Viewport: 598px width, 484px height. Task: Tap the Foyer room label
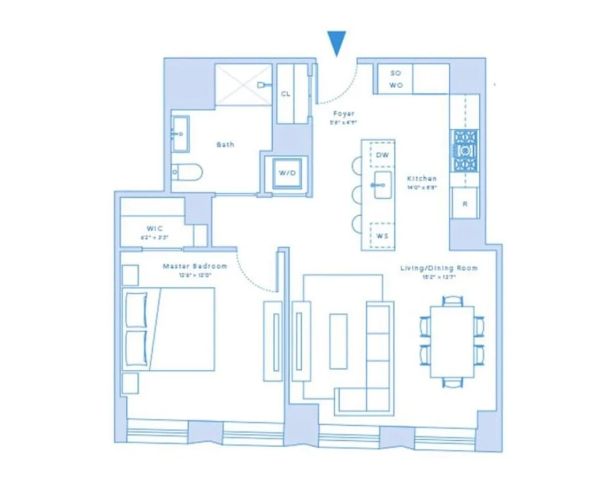pyautogui.click(x=344, y=114)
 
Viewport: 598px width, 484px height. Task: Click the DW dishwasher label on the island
pyautogui.click(x=382, y=155)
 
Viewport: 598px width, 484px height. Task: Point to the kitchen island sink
pyautogui.click(x=382, y=185)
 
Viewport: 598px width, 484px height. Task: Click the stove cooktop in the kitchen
pyautogui.click(x=464, y=151)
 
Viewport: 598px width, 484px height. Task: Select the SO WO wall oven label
pyautogui.click(x=395, y=79)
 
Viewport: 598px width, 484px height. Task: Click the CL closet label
pyautogui.click(x=286, y=94)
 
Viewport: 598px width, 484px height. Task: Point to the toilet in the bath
pyautogui.click(x=187, y=173)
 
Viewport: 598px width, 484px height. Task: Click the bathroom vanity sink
pyautogui.click(x=180, y=133)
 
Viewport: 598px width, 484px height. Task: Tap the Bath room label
pyautogui.click(x=225, y=145)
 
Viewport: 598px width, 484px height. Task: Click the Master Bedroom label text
pyautogui.click(x=195, y=266)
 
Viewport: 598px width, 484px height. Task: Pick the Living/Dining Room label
pyautogui.click(x=439, y=268)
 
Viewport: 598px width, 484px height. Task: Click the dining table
pyautogui.click(x=453, y=342)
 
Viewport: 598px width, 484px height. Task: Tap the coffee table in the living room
pyautogui.click(x=338, y=341)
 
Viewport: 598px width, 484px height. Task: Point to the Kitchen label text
pyautogui.click(x=421, y=178)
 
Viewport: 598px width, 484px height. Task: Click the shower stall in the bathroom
pyautogui.click(x=243, y=84)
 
